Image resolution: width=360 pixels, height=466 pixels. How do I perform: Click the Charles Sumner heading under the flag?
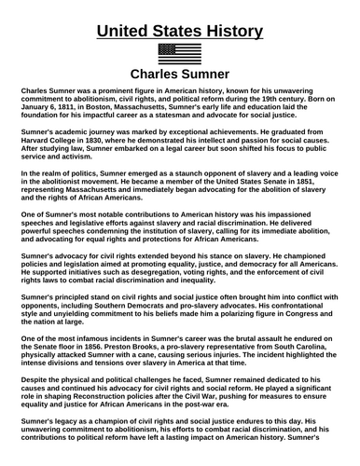click(x=179, y=75)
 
